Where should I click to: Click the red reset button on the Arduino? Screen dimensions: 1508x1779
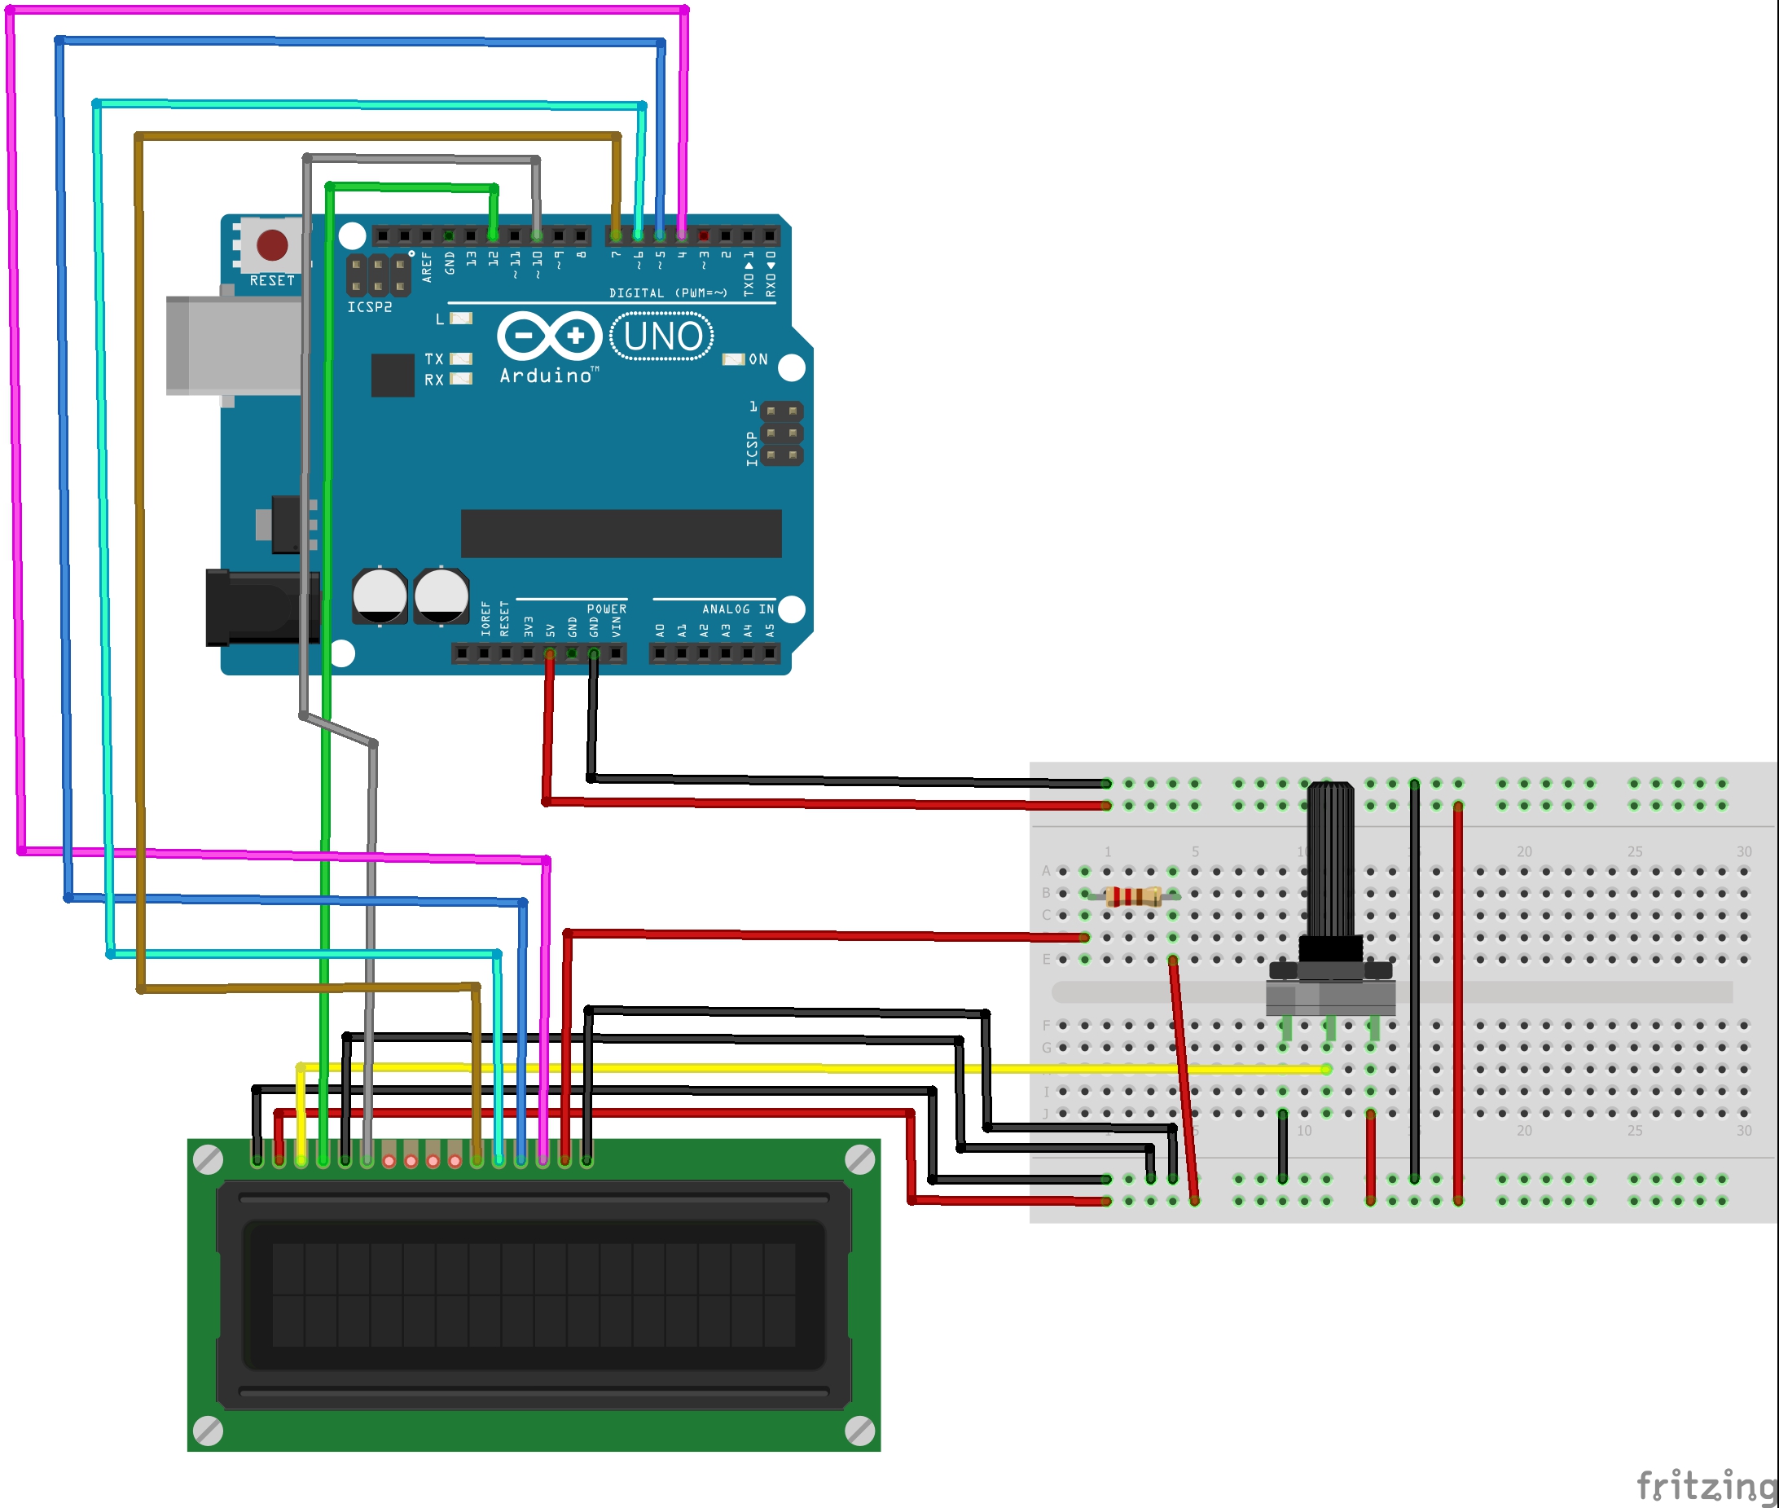point(272,244)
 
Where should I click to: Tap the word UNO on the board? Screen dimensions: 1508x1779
point(662,336)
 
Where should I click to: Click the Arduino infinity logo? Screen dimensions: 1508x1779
point(550,336)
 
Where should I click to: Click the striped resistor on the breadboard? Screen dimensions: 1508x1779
point(1132,896)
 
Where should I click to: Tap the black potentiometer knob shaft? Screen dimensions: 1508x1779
point(1330,864)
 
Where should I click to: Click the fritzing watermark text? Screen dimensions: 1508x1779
point(1705,1486)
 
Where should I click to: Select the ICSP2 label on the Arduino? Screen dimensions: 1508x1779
point(369,307)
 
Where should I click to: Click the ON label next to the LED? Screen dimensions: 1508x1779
point(758,360)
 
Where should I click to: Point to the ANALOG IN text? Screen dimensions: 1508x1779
point(738,609)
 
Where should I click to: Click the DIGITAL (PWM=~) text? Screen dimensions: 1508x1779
point(668,293)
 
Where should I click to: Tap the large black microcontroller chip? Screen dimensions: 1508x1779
point(621,534)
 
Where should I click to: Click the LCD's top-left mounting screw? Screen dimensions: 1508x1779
point(209,1160)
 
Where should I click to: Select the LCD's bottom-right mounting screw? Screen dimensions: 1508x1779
point(859,1431)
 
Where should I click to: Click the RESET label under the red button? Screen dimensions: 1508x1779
point(272,280)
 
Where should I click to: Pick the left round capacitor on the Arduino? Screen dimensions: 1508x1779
point(380,596)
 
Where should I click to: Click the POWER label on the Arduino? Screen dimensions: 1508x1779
point(606,609)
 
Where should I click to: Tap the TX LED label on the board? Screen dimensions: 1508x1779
point(434,359)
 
